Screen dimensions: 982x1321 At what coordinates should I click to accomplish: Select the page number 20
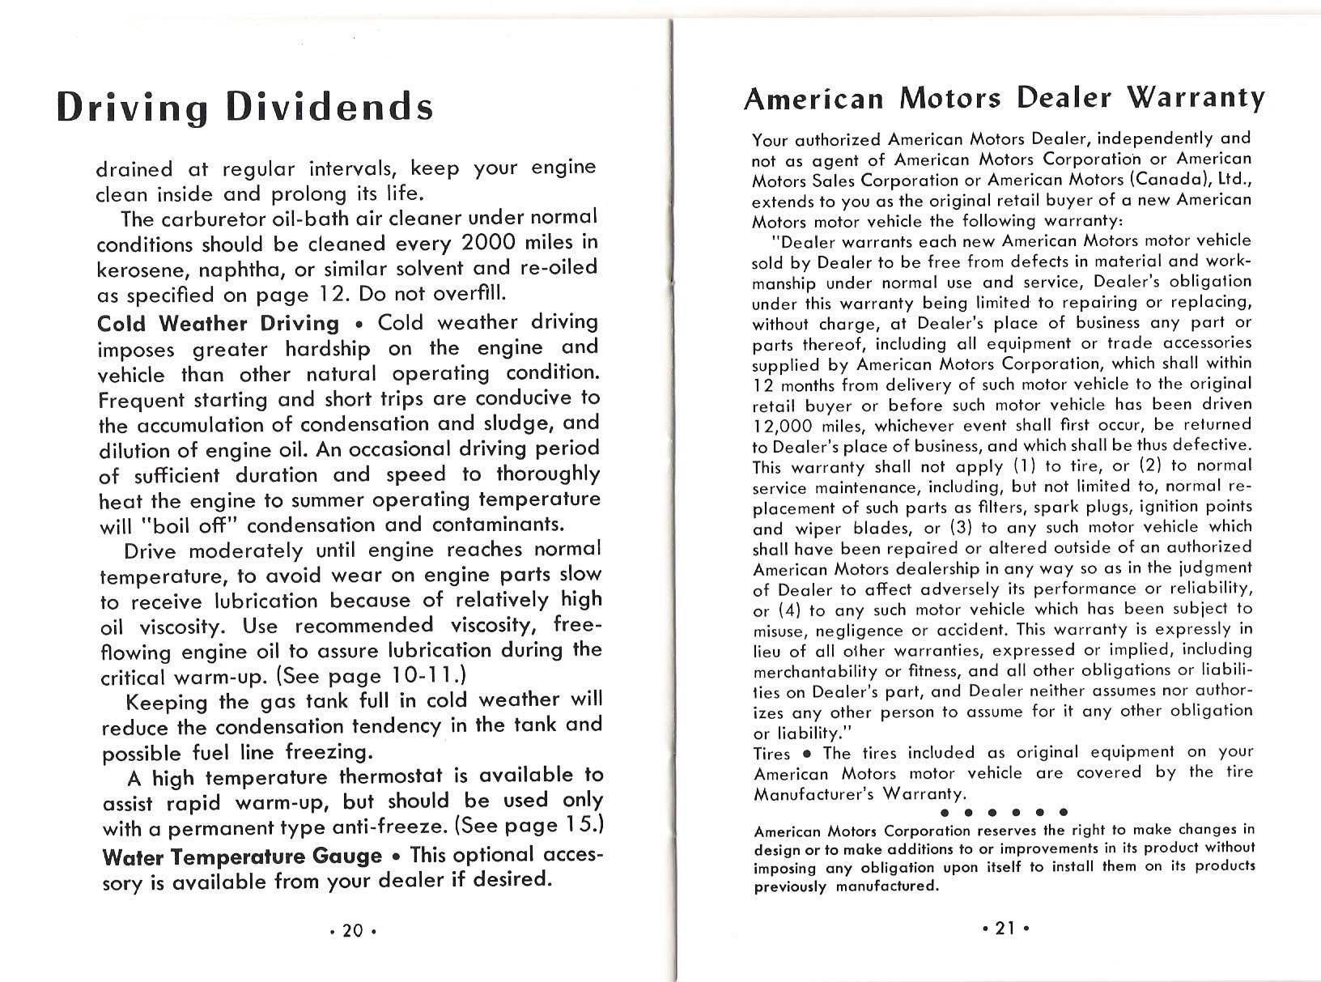351,930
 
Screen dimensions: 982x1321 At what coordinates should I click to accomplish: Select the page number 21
1005,929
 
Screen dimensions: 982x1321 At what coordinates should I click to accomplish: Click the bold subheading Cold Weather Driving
218,323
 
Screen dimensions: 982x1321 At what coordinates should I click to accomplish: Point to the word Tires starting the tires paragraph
772,754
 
